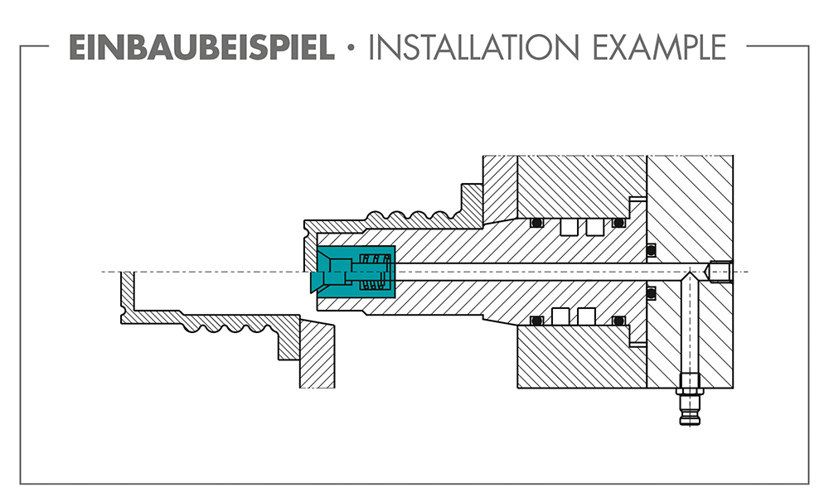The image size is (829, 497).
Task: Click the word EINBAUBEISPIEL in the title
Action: [201, 47]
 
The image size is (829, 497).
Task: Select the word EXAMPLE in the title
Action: [659, 47]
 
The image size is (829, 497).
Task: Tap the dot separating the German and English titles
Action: [351, 47]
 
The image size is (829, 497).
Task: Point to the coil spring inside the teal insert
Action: [376, 272]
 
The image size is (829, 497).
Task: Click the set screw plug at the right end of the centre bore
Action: [720, 272]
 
